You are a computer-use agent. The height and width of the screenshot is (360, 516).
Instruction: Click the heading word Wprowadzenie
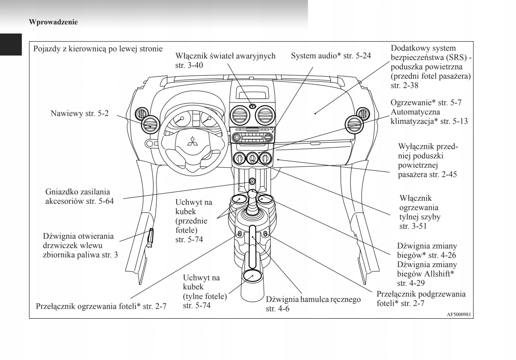coord(53,22)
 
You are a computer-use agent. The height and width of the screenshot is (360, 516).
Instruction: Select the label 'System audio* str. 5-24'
coord(331,56)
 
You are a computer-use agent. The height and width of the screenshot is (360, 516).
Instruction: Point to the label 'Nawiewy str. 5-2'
coord(80,114)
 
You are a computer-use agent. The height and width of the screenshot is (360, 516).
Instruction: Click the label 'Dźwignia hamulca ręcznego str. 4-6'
coord(313,304)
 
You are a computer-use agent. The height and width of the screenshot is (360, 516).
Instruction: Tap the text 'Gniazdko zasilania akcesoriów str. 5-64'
coord(79,196)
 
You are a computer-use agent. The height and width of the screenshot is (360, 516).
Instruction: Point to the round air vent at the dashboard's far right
coord(355,125)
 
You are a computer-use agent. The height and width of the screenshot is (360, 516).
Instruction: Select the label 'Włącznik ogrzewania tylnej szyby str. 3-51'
coord(420,212)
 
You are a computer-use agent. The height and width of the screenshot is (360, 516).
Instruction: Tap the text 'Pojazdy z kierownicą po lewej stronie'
coord(98,49)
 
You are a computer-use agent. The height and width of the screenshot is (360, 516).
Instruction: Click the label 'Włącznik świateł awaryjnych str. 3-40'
coord(225,61)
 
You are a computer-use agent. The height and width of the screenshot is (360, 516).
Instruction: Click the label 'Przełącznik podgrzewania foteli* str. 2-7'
coord(421,299)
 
